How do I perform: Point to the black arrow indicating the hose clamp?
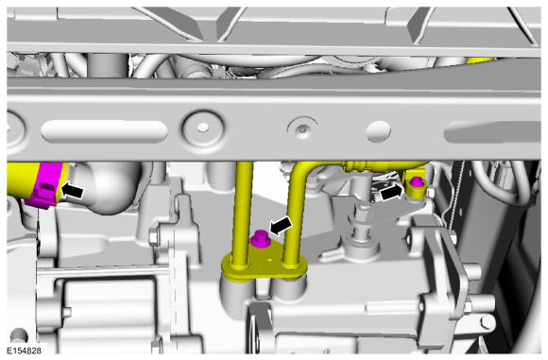coord(73,191)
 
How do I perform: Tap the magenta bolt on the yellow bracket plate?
coord(260,239)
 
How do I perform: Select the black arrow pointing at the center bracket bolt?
coord(281,226)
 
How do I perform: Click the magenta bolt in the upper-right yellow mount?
coord(416,182)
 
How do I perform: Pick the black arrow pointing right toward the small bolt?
coord(392,192)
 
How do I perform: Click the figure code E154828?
coord(25,351)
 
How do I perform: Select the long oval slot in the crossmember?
coord(104,131)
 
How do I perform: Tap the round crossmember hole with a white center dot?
coord(203,128)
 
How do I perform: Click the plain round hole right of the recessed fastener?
coord(378,131)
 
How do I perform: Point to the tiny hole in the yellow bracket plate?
coord(270,260)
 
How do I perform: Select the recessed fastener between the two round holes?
coord(302,129)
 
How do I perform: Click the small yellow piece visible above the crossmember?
coord(481,60)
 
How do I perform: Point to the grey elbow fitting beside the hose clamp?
coord(105,187)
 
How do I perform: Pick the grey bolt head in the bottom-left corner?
coord(18,336)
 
